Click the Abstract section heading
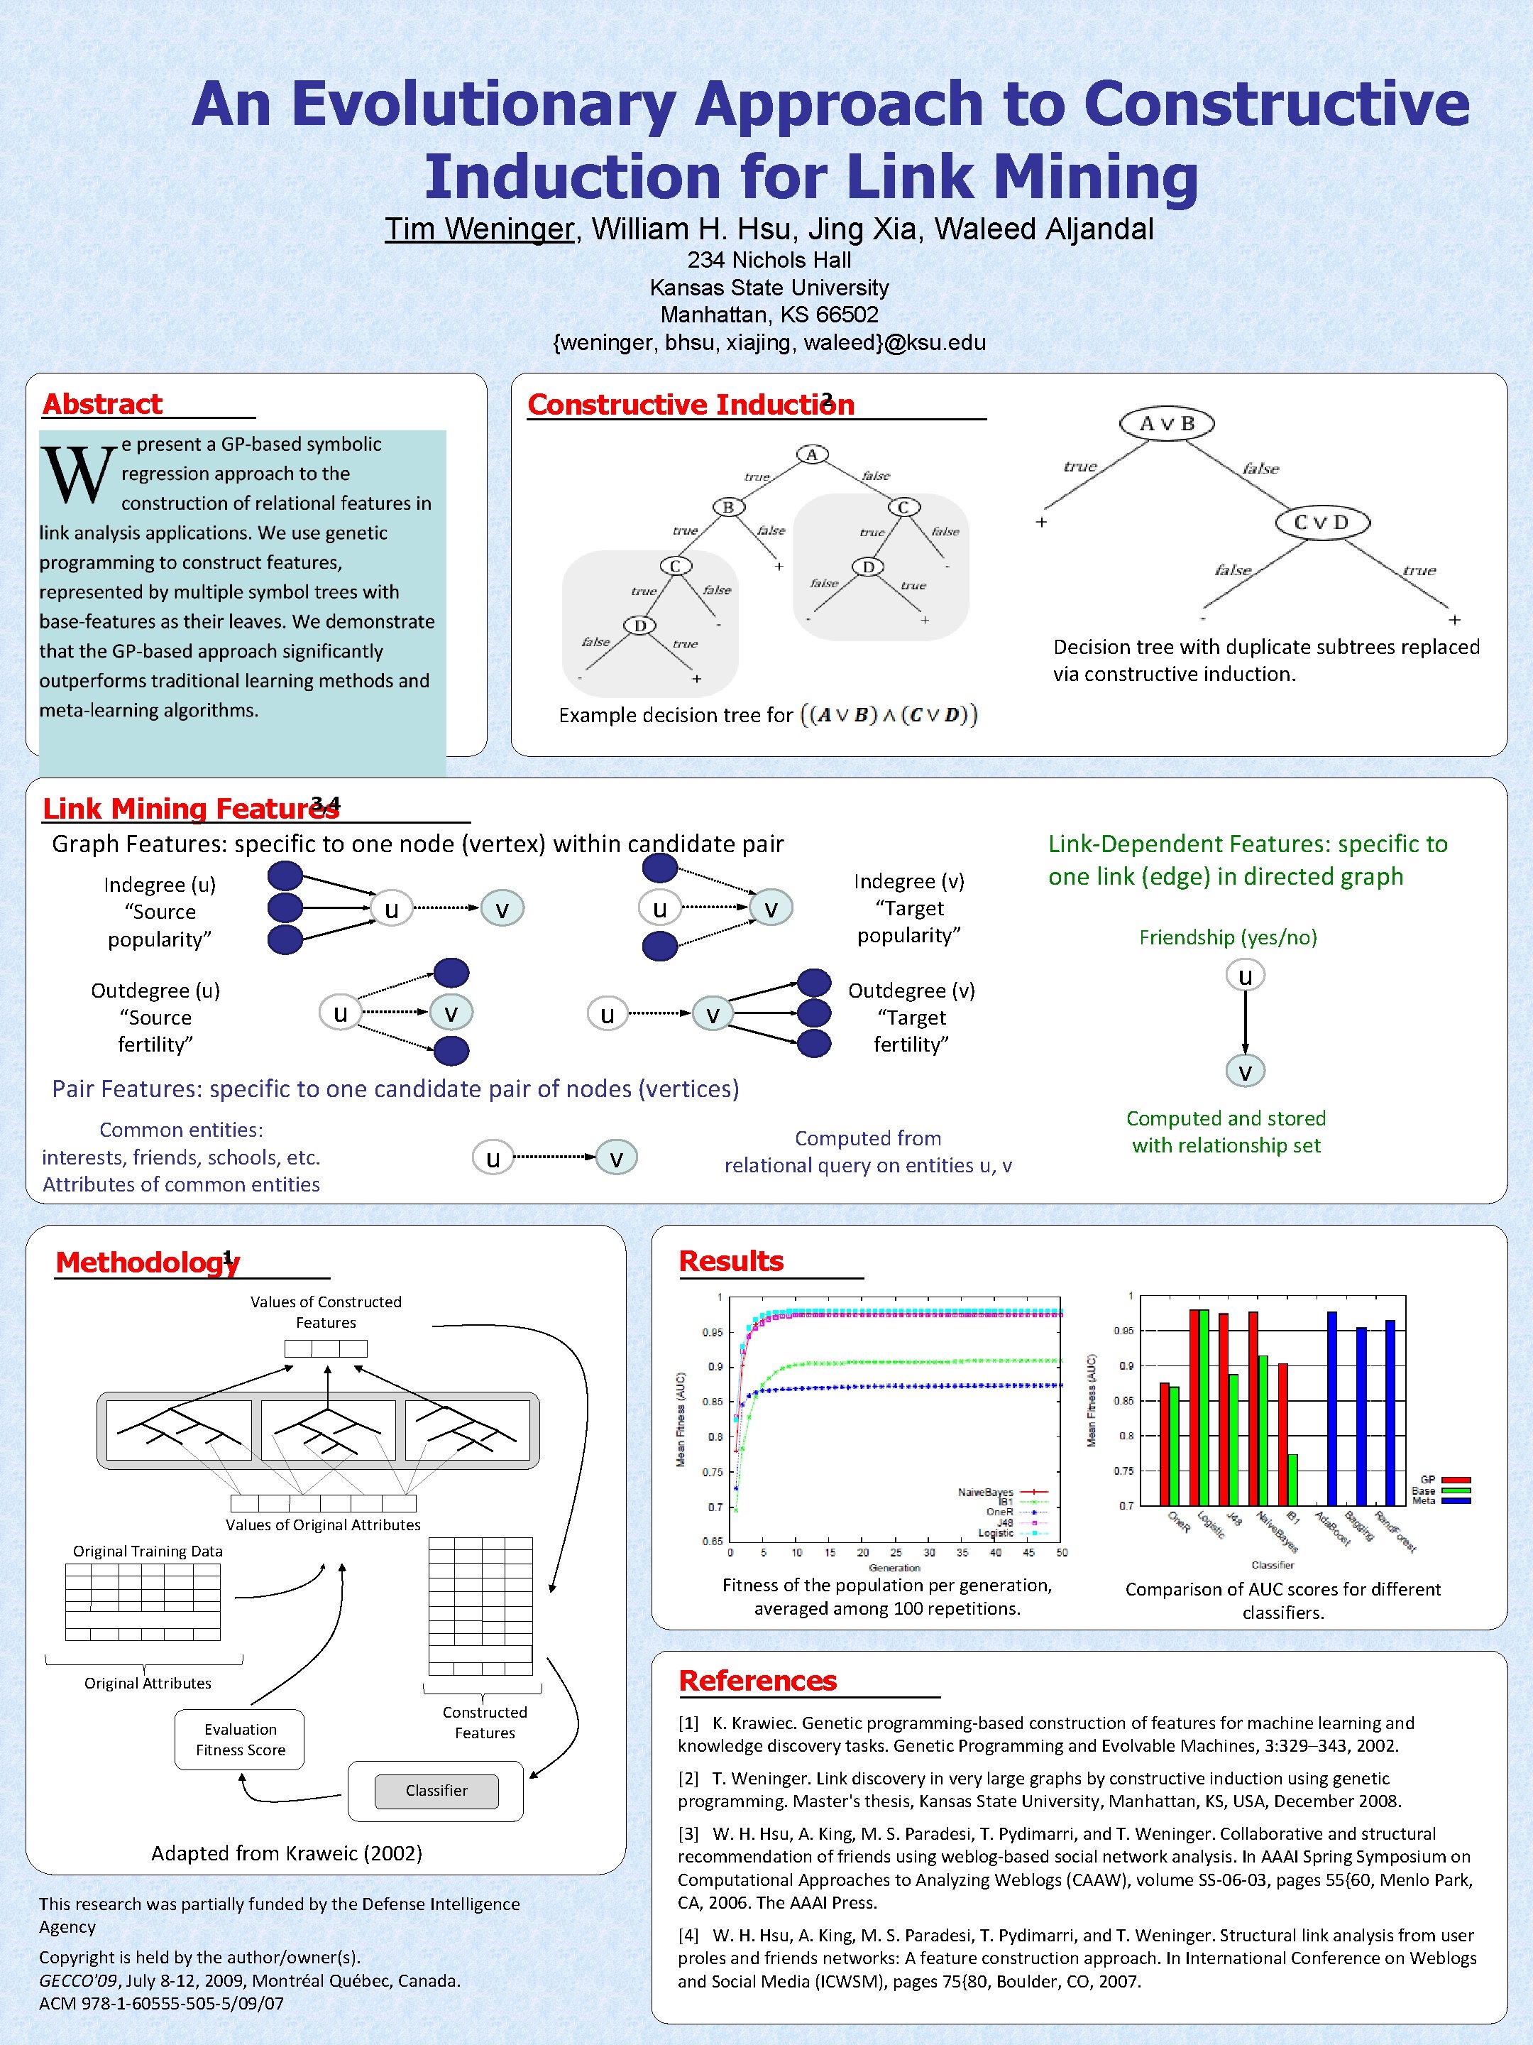point(103,404)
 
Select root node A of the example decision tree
point(812,454)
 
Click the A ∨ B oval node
point(1166,423)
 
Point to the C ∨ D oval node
point(1322,523)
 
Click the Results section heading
point(731,1261)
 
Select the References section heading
point(758,1680)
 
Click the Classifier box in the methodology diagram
point(436,1791)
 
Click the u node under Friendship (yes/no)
point(1245,976)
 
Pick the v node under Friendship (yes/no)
point(1245,1071)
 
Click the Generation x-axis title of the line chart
point(894,1567)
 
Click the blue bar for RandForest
point(1390,1412)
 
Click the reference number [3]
point(688,1833)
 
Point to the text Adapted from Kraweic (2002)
point(287,1853)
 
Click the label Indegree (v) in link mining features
point(908,881)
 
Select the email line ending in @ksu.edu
point(769,343)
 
